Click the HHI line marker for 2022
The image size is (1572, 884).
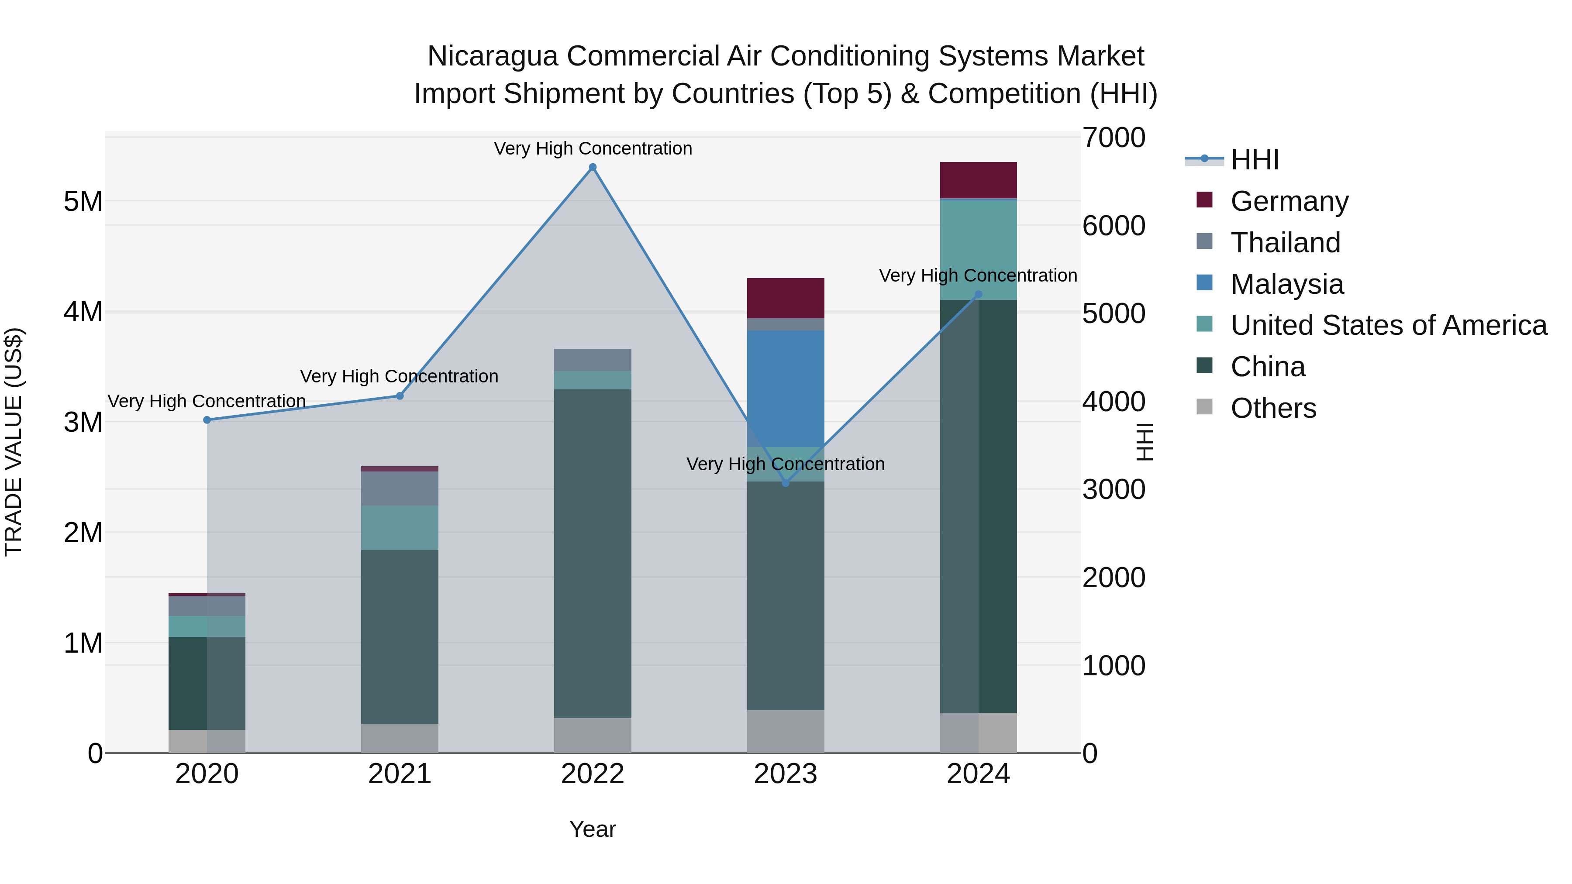[592, 167]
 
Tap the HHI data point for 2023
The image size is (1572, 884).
[786, 483]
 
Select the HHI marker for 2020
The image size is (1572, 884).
[207, 420]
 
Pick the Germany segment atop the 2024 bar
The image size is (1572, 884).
[978, 180]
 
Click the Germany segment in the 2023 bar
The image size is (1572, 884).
[786, 298]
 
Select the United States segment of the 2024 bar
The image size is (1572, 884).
[978, 250]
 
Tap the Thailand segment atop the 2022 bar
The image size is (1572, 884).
[592, 360]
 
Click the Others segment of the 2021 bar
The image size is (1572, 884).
[399, 738]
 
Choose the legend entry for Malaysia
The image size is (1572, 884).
[1286, 284]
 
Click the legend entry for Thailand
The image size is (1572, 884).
[1285, 243]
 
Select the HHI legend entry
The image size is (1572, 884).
[1254, 160]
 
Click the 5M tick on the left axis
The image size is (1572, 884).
[83, 201]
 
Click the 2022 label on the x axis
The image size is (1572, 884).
[592, 774]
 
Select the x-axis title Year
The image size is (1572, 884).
[592, 829]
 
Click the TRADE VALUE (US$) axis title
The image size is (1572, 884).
[14, 442]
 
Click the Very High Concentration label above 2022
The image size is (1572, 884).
[592, 148]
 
